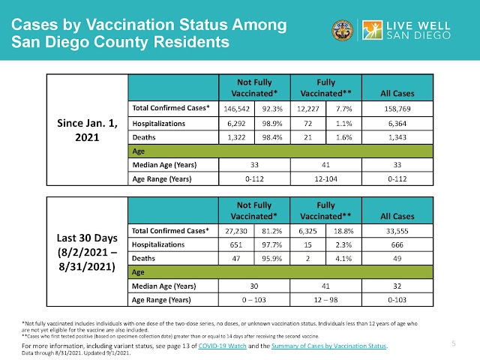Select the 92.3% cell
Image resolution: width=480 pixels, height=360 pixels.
[273, 109]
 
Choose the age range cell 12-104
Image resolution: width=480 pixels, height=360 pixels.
[325, 179]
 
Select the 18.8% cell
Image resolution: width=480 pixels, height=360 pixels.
[343, 229]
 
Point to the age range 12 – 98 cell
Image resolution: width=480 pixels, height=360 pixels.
[325, 300]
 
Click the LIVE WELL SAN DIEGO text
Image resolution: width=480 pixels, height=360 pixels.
[419, 31]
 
